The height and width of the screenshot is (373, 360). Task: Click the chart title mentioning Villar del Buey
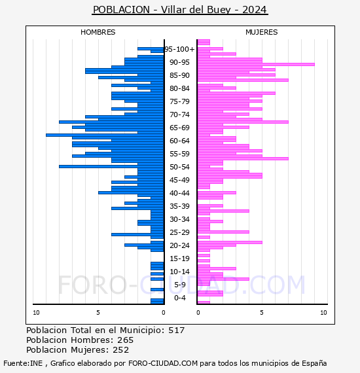[180, 10]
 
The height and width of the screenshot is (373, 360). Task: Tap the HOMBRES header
[98, 32]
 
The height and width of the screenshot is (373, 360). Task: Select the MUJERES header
[262, 32]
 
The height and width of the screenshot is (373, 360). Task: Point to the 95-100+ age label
[179, 49]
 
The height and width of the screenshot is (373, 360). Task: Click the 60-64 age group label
[179, 141]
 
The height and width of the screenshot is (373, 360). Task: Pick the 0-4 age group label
[180, 298]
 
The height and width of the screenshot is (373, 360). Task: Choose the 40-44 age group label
[179, 193]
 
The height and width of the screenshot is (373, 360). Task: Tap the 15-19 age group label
[179, 258]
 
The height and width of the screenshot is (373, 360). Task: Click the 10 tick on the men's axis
[36, 313]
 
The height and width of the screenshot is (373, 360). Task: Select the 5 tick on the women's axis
[262, 313]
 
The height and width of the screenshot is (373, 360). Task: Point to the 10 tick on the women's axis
[323, 313]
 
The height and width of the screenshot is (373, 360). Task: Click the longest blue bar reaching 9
[105, 135]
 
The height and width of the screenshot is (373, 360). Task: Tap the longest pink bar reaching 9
[256, 65]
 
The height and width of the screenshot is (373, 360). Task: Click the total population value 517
[177, 330]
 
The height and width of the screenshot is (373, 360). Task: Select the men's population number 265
[126, 340]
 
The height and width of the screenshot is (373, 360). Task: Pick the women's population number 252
[121, 350]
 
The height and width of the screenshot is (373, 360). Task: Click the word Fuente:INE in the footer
[23, 363]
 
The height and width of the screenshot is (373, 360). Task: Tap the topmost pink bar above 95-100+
[204, 42]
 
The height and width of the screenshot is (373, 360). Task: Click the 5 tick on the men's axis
[98, 313]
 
